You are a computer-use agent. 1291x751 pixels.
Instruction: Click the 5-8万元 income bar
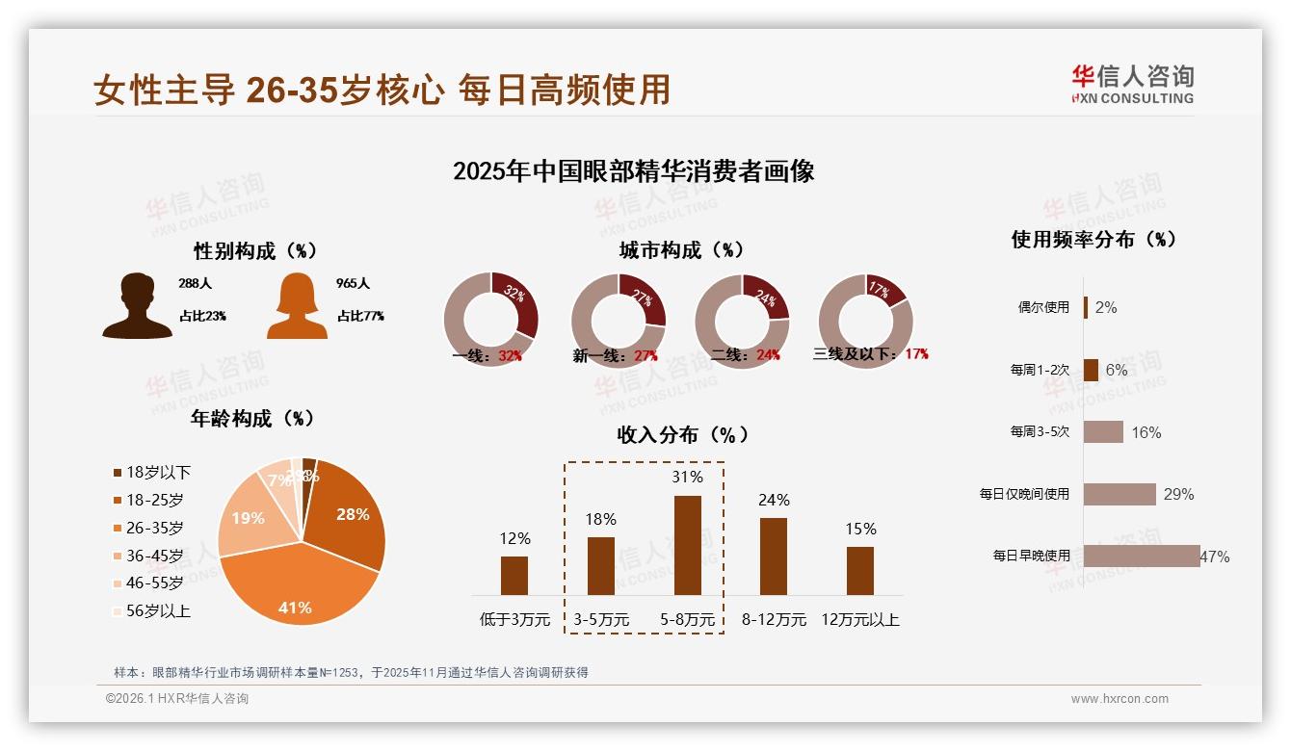(x=687, y=545)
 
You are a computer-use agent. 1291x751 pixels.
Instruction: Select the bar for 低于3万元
(x=514, y=575)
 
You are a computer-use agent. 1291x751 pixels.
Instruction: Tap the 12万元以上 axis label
(x=859, y=620)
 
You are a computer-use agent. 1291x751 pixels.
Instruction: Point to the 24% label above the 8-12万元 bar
(x=774, y=500)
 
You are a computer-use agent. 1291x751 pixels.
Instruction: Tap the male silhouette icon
(x=137, y=306)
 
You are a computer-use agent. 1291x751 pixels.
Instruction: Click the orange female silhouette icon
(x=297, y=306)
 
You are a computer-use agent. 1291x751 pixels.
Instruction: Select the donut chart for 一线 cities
(x=490, y=321)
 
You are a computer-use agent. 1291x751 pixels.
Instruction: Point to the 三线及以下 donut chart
(x=865, y=321)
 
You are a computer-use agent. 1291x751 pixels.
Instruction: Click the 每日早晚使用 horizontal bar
(x=1142, y=556)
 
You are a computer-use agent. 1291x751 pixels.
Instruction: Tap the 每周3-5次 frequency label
(x=1040, y=431)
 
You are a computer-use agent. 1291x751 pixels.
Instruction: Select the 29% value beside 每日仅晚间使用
(x=1178, y=494)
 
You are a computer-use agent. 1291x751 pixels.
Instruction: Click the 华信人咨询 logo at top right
(x=1132, y=84)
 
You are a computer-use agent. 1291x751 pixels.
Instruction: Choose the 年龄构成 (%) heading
(x=252, y=419)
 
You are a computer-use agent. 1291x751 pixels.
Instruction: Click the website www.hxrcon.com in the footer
(x=1120, y=699)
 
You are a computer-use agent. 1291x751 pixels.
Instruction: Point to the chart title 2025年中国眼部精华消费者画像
(x=633, y=171)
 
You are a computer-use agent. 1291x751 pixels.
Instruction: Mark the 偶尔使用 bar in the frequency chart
(x=1086, y=307)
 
